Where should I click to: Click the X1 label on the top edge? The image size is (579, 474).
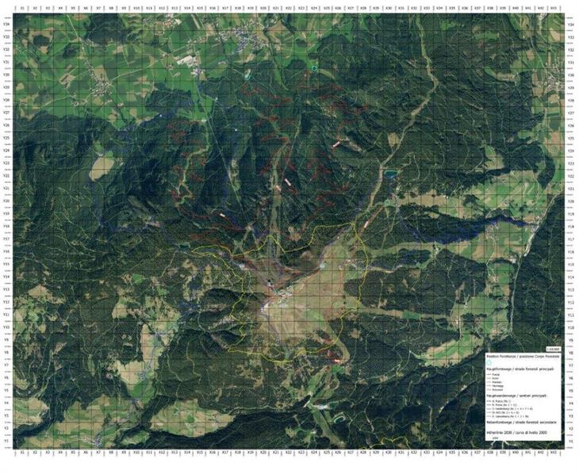click(23, 8)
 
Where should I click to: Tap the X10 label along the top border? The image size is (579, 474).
click(136, 8)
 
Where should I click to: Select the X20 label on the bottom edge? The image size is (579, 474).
click(263, 453)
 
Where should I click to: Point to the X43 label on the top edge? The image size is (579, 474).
click(553, 8)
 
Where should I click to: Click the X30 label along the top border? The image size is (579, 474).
click(389, 8)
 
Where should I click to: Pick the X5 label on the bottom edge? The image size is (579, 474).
click(73, 453)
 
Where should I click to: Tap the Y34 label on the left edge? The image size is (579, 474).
click(6, 24)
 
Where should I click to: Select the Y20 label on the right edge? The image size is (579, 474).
click(571, 201)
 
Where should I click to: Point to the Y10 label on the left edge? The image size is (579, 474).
click(6, 327)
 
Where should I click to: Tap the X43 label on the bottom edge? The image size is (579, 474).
click(553, 453)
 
